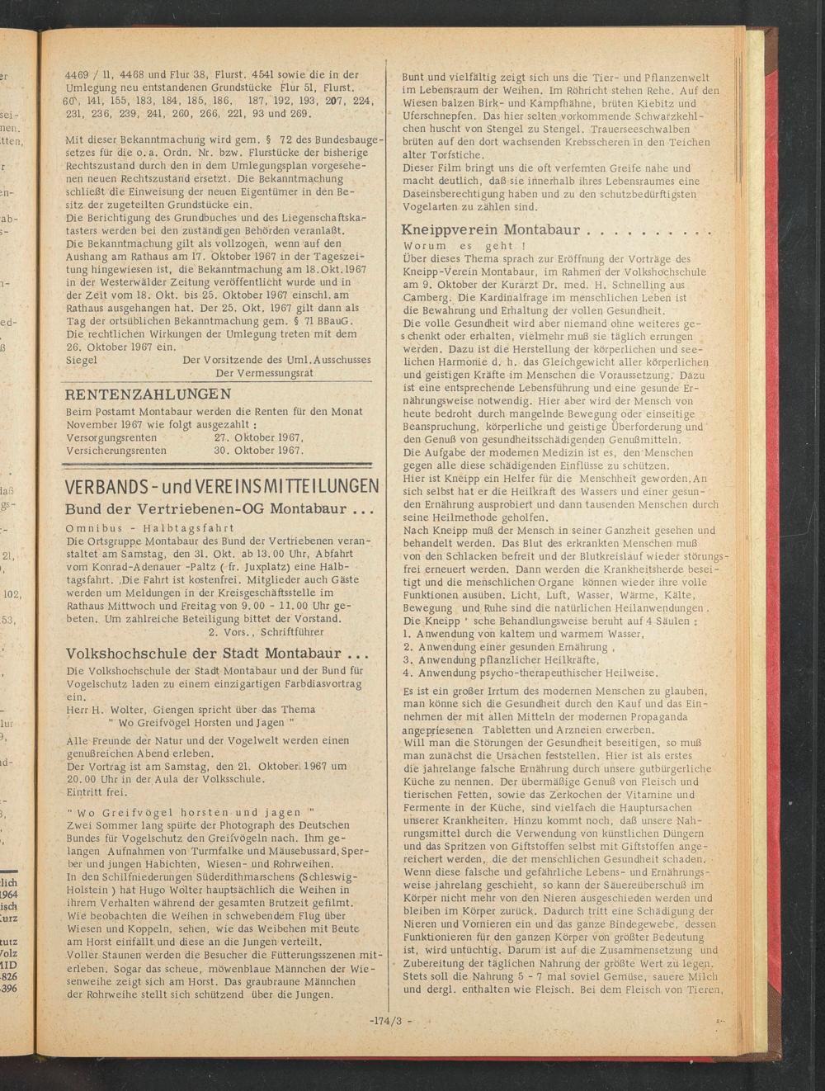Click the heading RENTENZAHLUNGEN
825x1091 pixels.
tap(148, 394)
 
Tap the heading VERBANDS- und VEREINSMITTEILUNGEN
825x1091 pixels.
tap(222, 486)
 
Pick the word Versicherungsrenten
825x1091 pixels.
tap(116, 451)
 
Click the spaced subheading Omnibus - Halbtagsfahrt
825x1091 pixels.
tap(149, 527)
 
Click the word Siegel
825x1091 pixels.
tap(81, 361)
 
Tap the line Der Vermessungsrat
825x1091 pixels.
tap(264, 373)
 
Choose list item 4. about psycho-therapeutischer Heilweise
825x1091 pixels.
tap(530, 673)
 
